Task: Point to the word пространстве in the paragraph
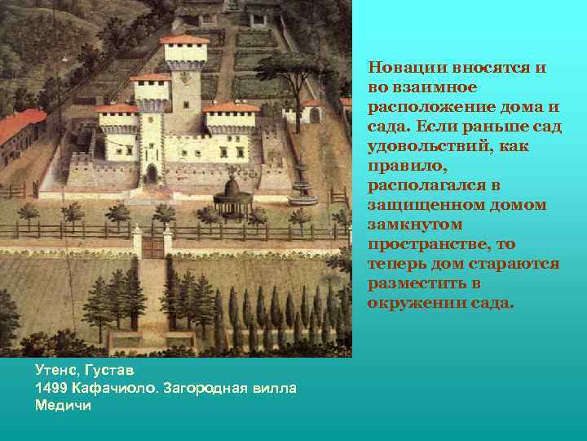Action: point(417,245)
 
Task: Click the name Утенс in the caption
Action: point(55,370)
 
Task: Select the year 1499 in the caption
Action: point(51,387)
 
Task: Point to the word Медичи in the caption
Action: point(64,404)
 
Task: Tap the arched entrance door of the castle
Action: point(152,173)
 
